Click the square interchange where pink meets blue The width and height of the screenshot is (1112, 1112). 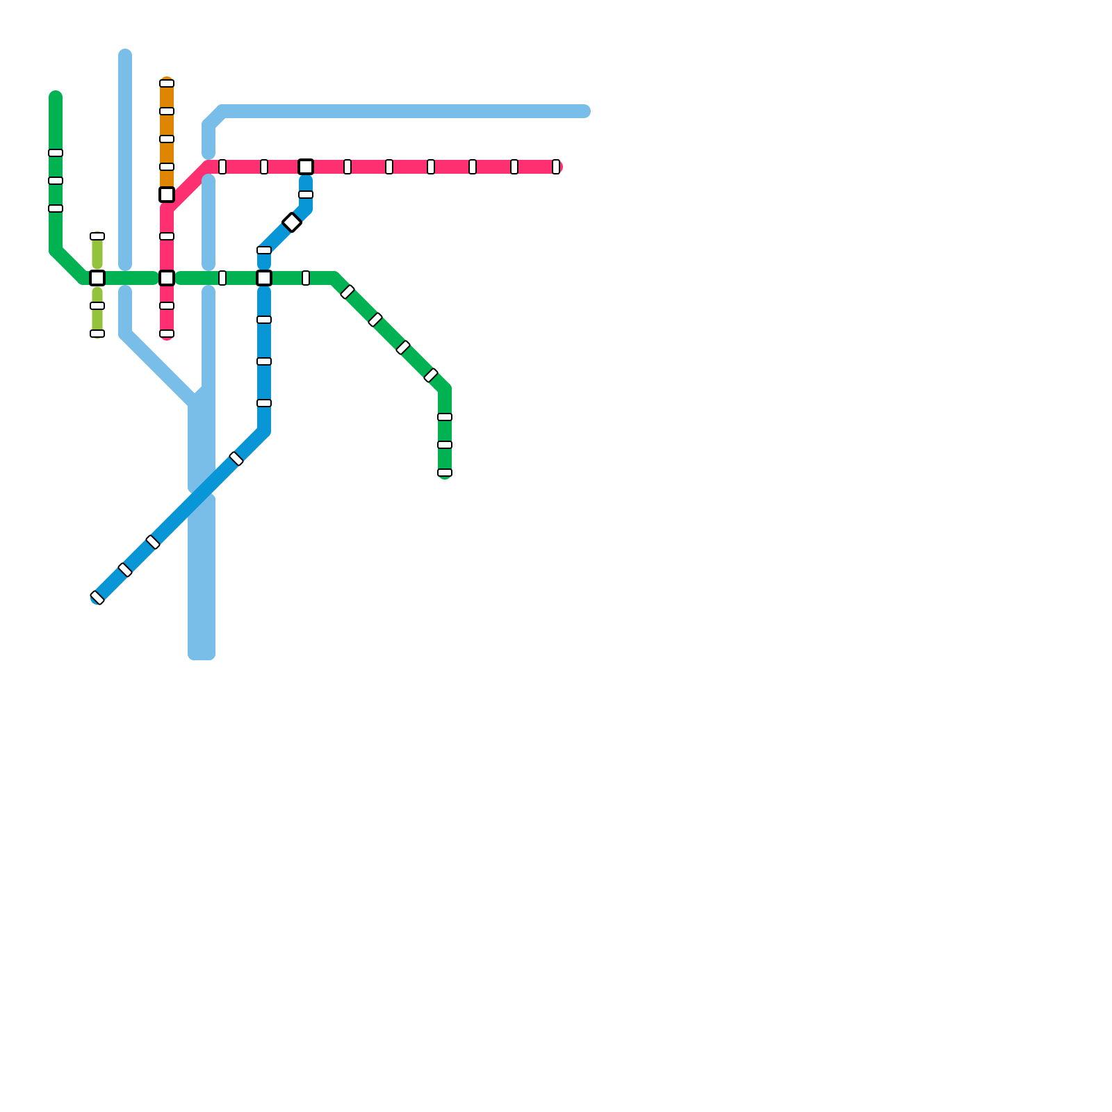click(x=306, y=167)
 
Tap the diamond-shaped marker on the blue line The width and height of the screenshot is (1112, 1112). click(x=292, y=222)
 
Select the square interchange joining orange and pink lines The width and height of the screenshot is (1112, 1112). click(x=167, y=195)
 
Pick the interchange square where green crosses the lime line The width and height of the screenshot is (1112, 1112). click(x=97, y=278)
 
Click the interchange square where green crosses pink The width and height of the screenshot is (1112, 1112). click(x=167, y=278)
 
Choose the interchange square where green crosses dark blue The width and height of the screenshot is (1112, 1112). click(x=264, y=278)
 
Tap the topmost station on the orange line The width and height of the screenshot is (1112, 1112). click(x=167, y=83)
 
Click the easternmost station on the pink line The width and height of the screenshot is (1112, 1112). click(x=556, y=167)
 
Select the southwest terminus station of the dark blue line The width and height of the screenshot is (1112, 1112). click(x=97, y=598)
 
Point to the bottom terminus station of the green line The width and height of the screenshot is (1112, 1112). click(x=445, y=473)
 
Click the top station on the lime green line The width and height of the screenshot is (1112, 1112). click(x=97, y=236)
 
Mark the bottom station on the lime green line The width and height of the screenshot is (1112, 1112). click(x=97, y=334)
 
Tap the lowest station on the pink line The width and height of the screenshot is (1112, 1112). click(x=167, y=334)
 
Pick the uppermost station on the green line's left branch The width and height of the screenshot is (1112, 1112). click(x=56, y=153)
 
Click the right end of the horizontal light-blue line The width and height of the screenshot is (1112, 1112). click(x=585, y=111)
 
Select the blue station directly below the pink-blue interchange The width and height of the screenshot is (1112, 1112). click(x=306, y=195)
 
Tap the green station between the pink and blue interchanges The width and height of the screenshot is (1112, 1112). click(x=222, y=278)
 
